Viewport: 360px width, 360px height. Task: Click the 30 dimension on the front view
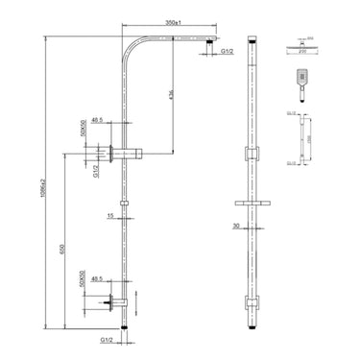(x=237, y=227)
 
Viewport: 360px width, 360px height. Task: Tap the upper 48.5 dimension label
(x=100, y=123)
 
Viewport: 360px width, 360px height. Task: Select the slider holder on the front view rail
(x=253, y=203)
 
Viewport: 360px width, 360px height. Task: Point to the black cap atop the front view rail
(x=253, y=43)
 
